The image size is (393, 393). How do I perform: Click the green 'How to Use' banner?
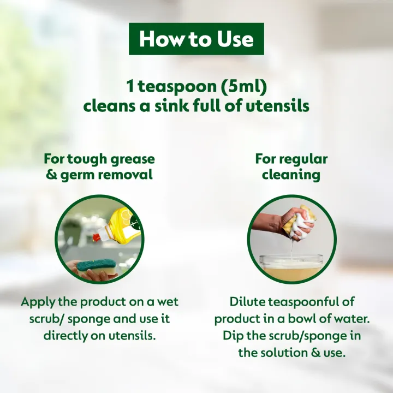[x=196, y=39]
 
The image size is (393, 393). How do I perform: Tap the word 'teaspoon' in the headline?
[x=170, y=87]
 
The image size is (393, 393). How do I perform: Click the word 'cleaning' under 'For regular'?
[x=291, y=175]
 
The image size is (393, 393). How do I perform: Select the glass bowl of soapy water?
[x=291, y=266]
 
